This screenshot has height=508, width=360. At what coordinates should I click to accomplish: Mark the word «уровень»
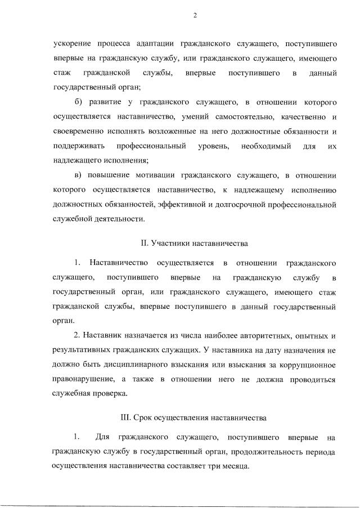click(x=214, y=146)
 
